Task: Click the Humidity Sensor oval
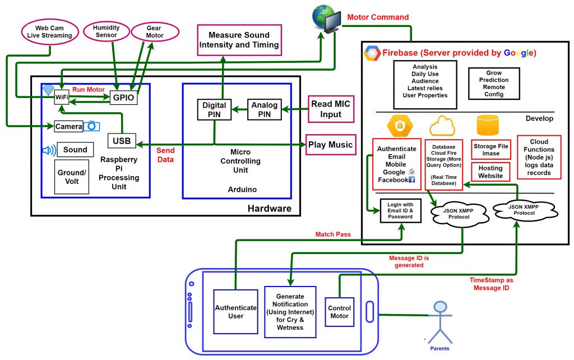click(105, 31)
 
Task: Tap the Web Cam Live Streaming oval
click(50, 31)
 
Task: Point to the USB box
click(122, 141)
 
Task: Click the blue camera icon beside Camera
click(92, 126)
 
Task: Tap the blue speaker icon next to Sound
click(49, 150)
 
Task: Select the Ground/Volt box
click(72, 177)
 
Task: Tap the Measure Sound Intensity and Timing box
click(239, 40)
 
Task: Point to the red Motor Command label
click(378, 17)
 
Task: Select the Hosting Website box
click(490, 172)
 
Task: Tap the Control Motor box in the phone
click(339, 312)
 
